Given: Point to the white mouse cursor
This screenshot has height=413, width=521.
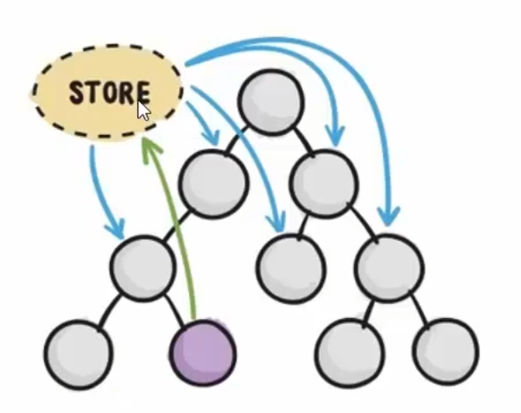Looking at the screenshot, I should click(x=143, y=111).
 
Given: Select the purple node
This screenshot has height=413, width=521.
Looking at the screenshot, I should click(x=202, y=353).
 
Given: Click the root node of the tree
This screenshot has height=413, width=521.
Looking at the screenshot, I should click(x=270, y=99).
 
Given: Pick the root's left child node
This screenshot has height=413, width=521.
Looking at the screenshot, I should click(x=213, y=180).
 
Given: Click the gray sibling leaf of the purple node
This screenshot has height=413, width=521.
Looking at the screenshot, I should click(x=78, y=353).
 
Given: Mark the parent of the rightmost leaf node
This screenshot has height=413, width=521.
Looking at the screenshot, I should click(x=388, y=267).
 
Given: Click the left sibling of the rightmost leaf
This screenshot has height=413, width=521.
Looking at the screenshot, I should click(x=348, y=353).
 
